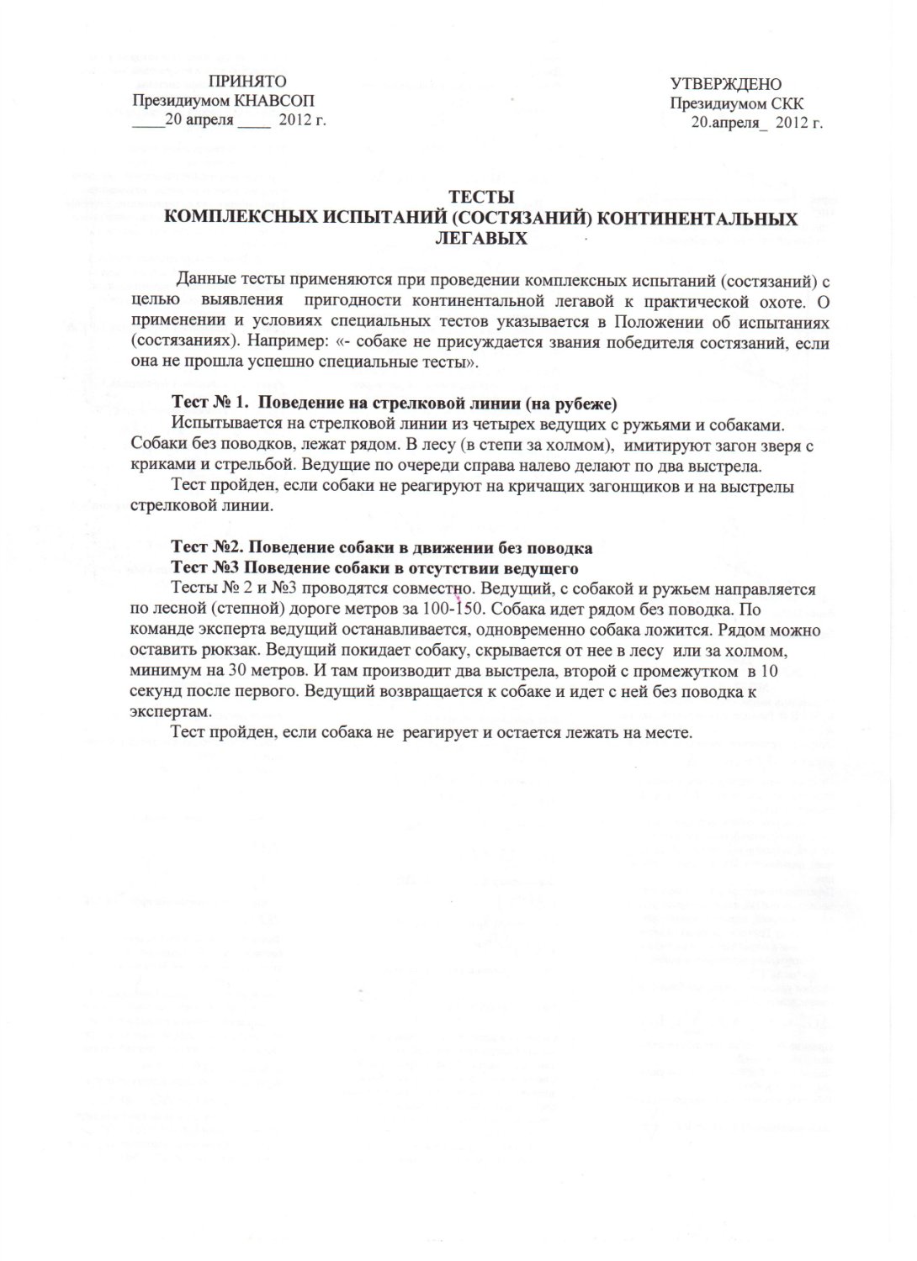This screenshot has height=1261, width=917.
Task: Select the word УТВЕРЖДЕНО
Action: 726,85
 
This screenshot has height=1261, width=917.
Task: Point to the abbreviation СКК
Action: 787,104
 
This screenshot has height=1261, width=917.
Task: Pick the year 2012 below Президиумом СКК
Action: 792,123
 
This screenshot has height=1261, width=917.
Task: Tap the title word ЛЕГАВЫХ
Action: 480,239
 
